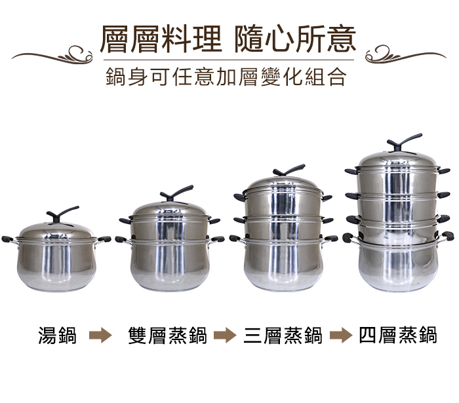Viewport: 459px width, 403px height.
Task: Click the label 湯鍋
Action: [x=58, y=335]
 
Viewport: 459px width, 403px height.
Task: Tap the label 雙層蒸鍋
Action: [x=167, y=335]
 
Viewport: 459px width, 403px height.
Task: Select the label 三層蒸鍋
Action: [x=283, y=335]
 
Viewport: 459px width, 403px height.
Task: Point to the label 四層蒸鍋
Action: [x=398, y=335]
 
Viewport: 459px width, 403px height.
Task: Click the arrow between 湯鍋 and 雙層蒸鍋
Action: [x=100, y=335]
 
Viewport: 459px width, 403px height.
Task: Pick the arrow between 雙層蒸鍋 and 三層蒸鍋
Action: [x=225, y=335]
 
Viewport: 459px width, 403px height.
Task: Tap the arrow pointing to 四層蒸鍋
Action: [x=341, y=335]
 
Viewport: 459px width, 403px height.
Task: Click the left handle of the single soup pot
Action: [x=9, y=240]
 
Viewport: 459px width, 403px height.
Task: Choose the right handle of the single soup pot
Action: [x=104, y=239]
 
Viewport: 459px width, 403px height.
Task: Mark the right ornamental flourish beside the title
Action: [x=406, y=54]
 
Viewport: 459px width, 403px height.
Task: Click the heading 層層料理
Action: [x=161, y=39]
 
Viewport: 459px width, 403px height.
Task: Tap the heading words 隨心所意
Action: [x=295, y=39]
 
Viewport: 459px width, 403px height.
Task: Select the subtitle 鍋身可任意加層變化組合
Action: [x=226, y=77]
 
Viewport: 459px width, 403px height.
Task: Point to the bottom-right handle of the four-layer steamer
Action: [x=446, y=236]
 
